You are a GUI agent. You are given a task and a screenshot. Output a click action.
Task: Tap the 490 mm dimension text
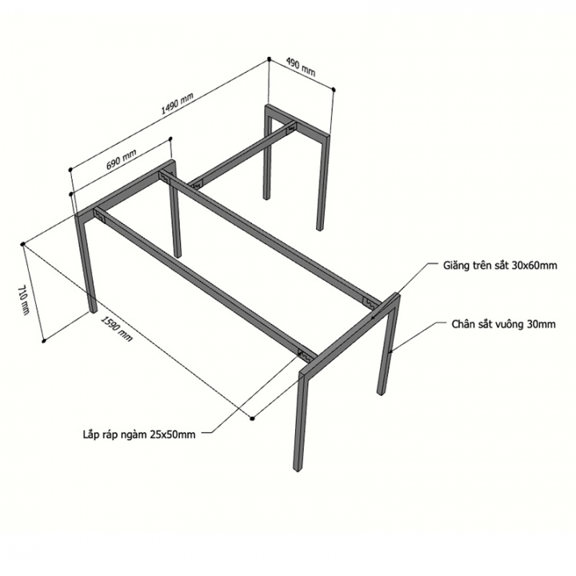point(301,68)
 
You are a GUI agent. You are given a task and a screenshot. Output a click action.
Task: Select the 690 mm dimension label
point(122,160)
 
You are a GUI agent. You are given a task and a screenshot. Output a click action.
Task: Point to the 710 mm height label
point(23,300)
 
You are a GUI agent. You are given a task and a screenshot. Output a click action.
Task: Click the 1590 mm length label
point(117,329)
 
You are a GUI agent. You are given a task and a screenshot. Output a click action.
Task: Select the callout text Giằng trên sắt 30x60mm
point(500,266)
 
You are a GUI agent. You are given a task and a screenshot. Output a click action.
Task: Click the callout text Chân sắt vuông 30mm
point(504,324)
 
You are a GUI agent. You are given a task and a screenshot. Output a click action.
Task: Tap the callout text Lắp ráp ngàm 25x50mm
point(139,435)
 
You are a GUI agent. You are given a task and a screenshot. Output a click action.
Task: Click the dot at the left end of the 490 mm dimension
point(270,58)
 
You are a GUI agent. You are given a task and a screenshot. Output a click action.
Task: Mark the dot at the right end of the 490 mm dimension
point(334,90)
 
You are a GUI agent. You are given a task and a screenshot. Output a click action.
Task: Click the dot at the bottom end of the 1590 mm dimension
point(252,418)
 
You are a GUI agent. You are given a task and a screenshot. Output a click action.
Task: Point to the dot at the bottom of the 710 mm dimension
point(44,342)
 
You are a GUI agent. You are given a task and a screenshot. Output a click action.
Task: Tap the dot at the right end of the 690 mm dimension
point(170,138)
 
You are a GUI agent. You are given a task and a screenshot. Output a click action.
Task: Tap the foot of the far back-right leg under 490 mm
point(319,228)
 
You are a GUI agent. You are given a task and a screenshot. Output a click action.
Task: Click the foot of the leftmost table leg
point(94,310)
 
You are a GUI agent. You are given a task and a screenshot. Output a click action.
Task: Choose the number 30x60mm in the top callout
point(534,266)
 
